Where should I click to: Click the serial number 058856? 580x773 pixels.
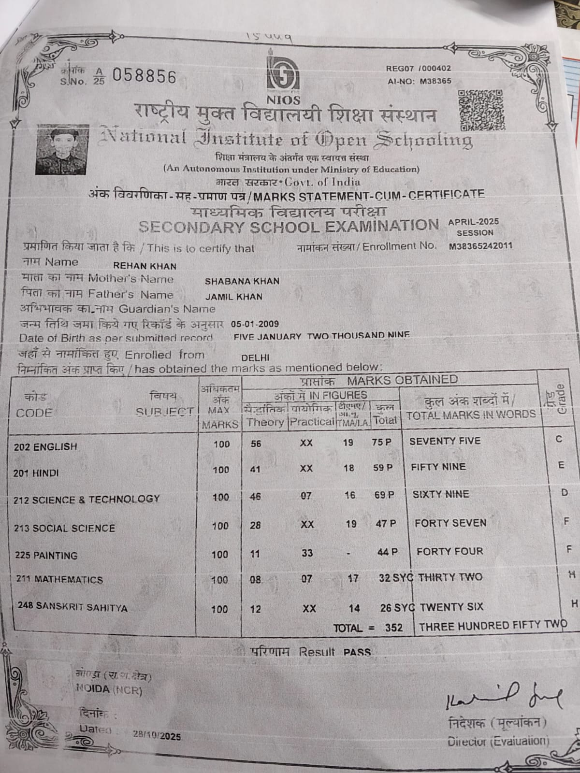(145, 76)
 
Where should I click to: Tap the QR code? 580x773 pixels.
(481, 110)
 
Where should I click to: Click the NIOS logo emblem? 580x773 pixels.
(283, 74)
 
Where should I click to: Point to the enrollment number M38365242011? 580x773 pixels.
(480, 245)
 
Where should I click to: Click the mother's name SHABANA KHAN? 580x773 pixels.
(242, 281)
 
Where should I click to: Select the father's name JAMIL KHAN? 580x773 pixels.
(233, 297)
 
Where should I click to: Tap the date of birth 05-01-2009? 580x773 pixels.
(255, 324)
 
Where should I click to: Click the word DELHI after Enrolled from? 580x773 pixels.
(255, 358)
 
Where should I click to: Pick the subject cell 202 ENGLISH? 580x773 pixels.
(45, 447)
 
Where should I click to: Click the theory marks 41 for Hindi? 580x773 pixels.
(255, 469)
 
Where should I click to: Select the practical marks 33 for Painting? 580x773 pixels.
(307, 553)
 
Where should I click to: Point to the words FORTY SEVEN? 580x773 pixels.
(450, 523)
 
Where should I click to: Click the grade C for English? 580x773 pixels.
(559, 439)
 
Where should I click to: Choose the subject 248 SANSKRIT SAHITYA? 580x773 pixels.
(72, 607)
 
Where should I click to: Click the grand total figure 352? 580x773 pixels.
(393, 628)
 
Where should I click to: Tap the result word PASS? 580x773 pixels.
(357, 652)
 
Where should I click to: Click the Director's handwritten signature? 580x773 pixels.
(503, 697)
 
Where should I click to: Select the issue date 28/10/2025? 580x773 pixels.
(157, 736)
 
